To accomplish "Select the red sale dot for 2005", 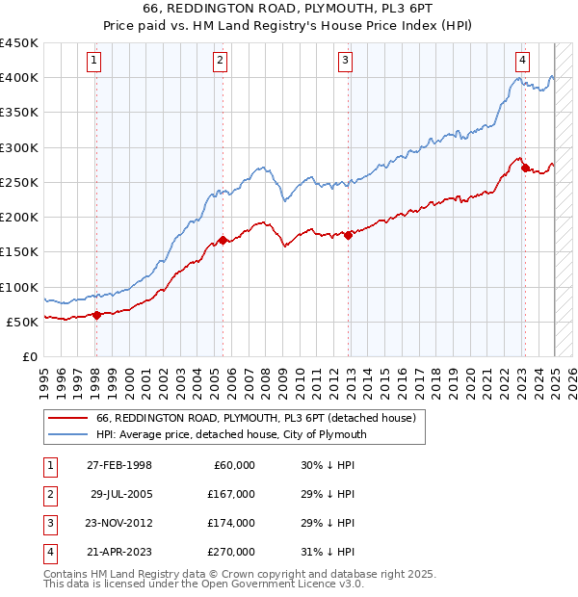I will click(x=223, y=241).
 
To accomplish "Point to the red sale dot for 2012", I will click(x=348, y=235).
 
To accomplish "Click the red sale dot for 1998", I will click(x=96, y=315).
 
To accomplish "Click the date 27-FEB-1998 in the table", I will click(x=119, y=465).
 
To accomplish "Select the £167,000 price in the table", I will click(x=232, y=493).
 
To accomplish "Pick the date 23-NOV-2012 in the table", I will click(x=119, y=523).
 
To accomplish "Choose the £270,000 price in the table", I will click(x=232, y=552).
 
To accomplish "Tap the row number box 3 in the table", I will click(x=49, y=523).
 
